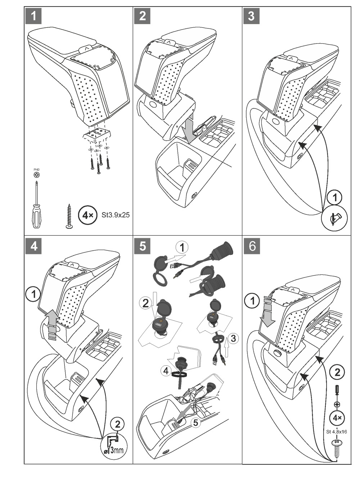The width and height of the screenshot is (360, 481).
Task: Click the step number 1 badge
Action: pos(33,16)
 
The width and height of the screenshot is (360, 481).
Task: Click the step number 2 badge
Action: pos(142,16)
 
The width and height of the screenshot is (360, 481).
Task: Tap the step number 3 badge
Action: pos(251,16)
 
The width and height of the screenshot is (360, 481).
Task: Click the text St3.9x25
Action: pos(116,215)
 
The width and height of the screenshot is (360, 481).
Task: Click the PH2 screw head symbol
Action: pos(36,175)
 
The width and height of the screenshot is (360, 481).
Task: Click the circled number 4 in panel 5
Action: pos(166,371)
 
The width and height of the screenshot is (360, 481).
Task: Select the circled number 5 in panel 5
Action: pos(195,422)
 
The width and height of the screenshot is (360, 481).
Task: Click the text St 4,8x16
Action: pos(336,432)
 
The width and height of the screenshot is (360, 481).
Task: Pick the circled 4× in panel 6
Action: pos(337,418)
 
